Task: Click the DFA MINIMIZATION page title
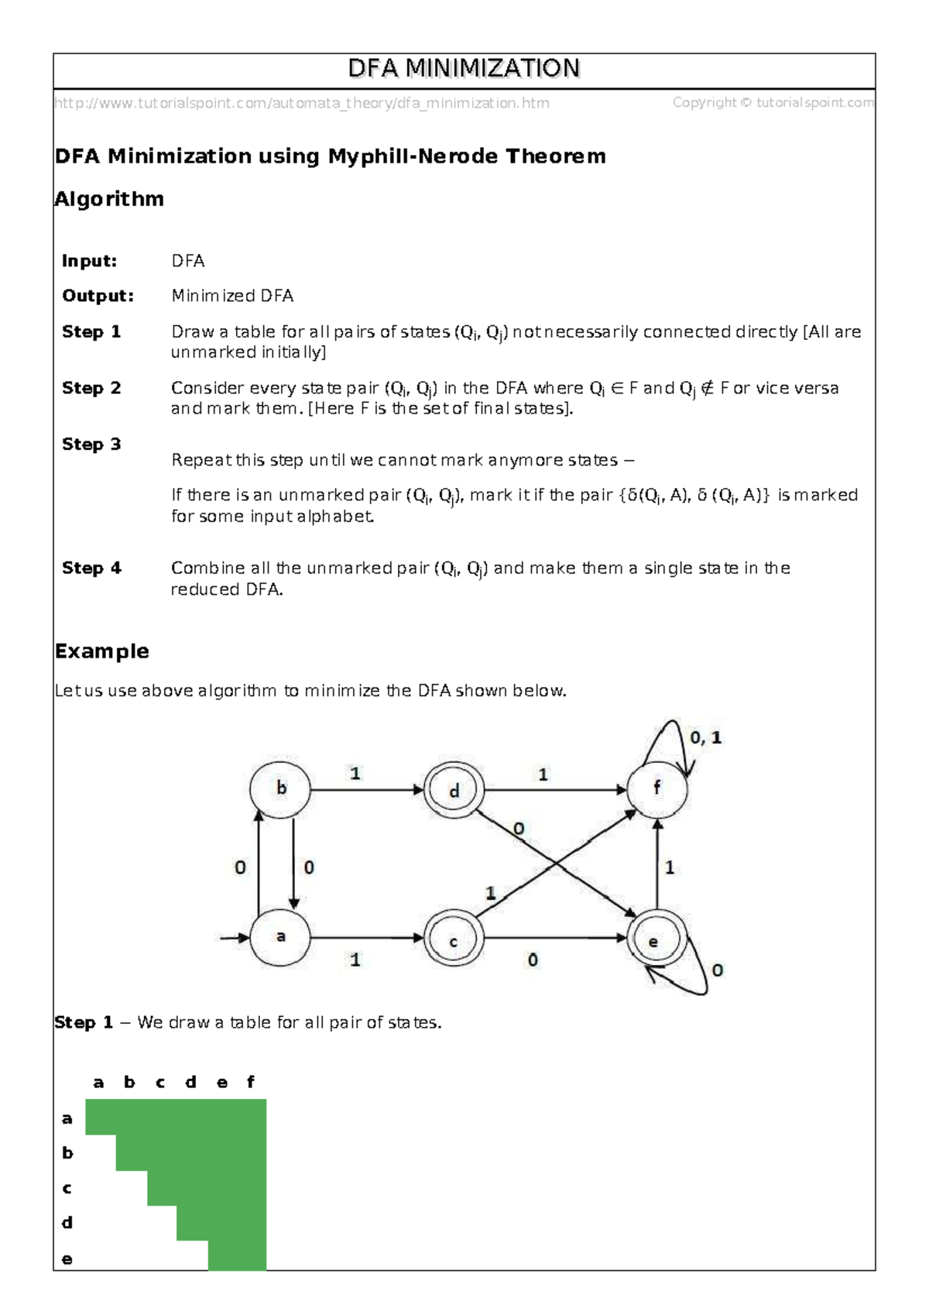pos(464,69)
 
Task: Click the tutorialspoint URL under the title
pos(302,103)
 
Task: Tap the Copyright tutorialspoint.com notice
pos(773,102)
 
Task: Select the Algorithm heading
pos(109,199)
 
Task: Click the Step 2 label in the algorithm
pos(91,388)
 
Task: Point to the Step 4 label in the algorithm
pos(91,568)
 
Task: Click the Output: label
pos(98,296)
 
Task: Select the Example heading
pos(101,651)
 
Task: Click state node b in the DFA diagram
pos(280,789)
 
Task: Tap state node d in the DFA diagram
pos(454,790)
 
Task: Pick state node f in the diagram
pos(656,789)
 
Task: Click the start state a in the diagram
pos(280,937)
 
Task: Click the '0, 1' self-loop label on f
pos(705,738)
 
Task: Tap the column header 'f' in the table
pos(250,1082)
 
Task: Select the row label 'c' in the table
pos(67,1188)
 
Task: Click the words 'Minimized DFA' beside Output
pos(232,296)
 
